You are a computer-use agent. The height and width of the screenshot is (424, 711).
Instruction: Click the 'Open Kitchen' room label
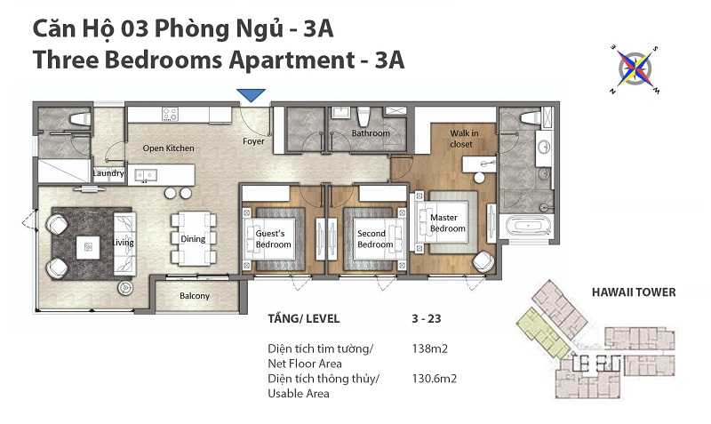click(168, 148)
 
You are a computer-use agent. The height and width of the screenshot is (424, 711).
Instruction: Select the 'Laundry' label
click(108, 173)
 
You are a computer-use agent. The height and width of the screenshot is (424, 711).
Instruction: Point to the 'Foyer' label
click(253, 141)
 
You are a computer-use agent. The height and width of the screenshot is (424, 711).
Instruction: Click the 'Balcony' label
click(195, 296)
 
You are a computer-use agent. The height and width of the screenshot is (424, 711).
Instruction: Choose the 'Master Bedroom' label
click(447, 223)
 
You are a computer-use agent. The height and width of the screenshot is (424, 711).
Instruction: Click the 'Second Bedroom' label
click(375, 238)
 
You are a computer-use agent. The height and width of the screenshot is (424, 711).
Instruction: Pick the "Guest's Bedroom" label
click(273, 238)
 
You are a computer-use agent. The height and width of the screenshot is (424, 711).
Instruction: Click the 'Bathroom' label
click(371, 133)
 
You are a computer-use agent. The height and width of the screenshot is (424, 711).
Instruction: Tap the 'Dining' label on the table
click(193, 238)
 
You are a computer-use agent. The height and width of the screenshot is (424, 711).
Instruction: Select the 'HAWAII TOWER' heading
click(634, 292)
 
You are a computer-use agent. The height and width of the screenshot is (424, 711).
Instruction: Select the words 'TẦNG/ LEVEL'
click(303, 317)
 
